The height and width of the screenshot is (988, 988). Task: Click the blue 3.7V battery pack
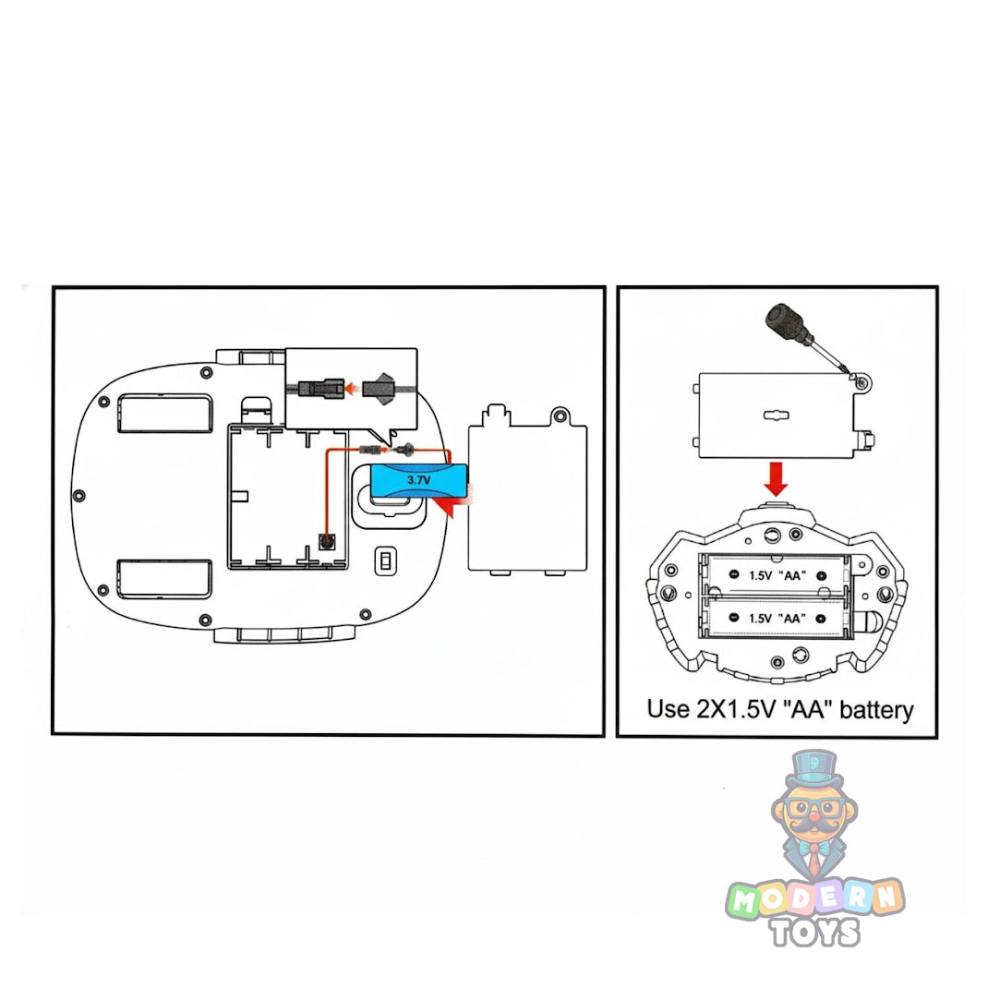click(417, 480)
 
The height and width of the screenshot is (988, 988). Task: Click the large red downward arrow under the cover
click(777, 478)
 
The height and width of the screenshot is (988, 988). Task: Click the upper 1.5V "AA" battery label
click(775, 573)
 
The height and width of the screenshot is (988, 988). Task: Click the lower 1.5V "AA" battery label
click(775, 616)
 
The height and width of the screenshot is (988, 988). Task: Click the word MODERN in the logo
click(815, 898)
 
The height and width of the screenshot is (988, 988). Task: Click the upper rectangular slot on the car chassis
click(164, 413)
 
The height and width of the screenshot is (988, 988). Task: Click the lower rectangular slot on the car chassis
click(163, 578)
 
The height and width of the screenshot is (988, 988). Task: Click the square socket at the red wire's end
click(325, 543)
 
